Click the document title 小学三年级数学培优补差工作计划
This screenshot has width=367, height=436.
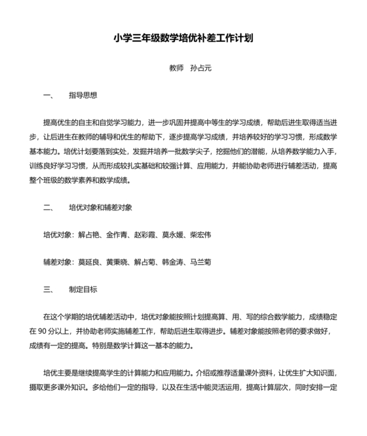pos(183,38)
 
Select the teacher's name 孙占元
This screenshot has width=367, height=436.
pos(201,68)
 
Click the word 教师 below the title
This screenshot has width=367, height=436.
pos(177,68)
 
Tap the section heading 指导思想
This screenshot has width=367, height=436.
pos(83,95)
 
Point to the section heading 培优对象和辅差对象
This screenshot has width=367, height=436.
pos(100,207)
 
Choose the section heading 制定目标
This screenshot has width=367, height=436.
pos(83,289)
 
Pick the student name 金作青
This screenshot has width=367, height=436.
pos(117,235)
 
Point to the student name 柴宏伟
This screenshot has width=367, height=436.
pos(201,235)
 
